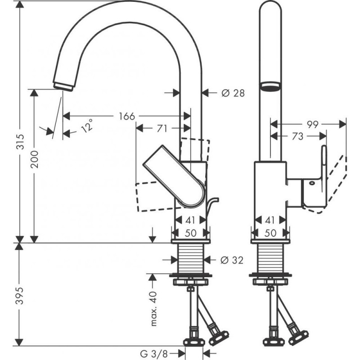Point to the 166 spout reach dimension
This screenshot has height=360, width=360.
126,116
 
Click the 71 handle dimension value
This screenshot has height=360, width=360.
162,129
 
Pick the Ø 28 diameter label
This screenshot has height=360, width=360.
233,93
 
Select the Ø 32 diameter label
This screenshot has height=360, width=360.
233,260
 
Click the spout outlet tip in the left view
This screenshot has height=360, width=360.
64,85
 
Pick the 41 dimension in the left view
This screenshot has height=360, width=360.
192,220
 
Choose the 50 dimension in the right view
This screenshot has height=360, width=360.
270,234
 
